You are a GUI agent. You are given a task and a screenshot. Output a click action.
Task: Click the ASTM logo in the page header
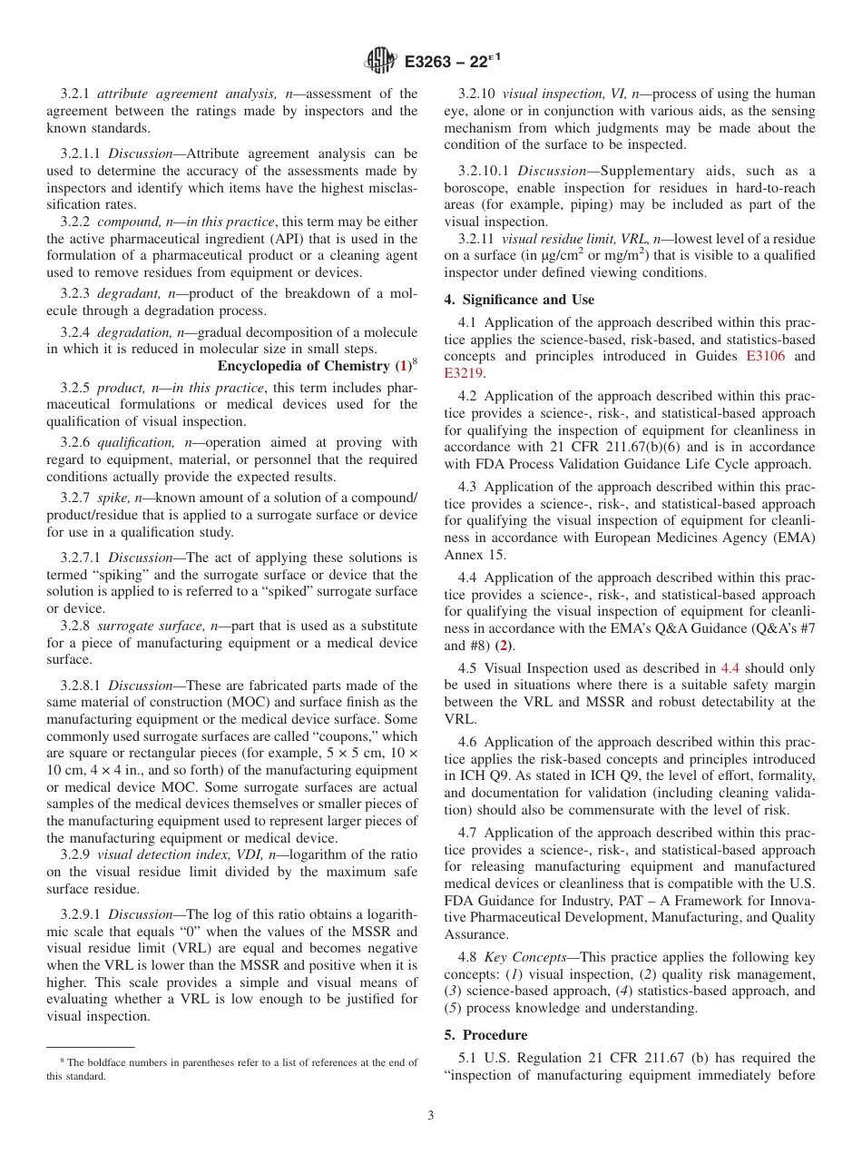tap(380, 62)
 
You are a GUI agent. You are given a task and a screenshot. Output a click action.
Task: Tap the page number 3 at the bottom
tap(431, 1116)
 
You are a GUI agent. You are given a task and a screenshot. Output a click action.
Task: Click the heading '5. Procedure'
tap(495, 1034)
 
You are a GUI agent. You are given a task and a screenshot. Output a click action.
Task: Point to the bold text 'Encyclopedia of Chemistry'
tap(303, 366)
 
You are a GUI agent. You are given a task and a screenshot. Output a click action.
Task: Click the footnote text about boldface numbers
tap(232, 1069)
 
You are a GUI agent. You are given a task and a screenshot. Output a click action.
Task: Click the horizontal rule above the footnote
tap(91, 1047)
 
